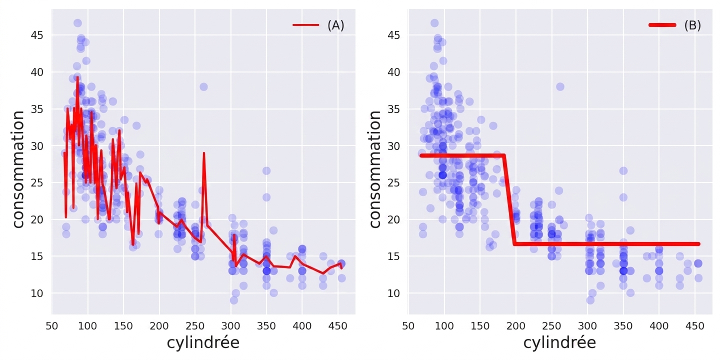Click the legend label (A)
point(335,25)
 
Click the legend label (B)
point(692,25)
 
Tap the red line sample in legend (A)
point(305,25)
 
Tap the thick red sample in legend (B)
point(662,25)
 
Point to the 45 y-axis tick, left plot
point(37,35)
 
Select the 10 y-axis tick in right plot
point(394,293)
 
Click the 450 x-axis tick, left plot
point(338,326)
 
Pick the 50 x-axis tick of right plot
point(408,326)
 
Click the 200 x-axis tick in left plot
point(159,326)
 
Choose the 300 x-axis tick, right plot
point(587,326)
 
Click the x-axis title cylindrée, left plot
point(203,343)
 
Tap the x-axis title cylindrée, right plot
point(559,343)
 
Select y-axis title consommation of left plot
point(18,169)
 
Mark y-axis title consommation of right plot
point(375,169)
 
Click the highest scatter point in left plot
point(77,23)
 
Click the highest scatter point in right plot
point(434,23)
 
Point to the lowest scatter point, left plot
point(233,300)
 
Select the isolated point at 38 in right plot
point(560,87)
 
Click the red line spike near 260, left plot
point(204,153)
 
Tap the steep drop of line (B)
point(509,200)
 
